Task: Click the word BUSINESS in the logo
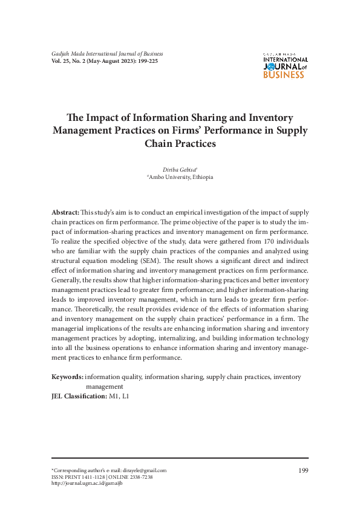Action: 284,75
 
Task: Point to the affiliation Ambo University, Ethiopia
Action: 180,177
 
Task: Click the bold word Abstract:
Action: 65,213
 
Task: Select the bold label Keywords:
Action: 67,377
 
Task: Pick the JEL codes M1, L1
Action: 119,396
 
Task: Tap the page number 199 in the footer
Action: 303,470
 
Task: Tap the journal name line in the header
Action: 107,54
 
